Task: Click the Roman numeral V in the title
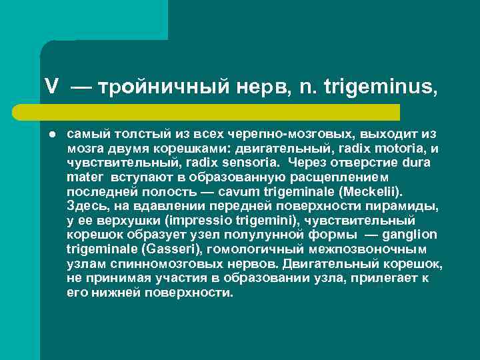(x=51, y=86)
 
